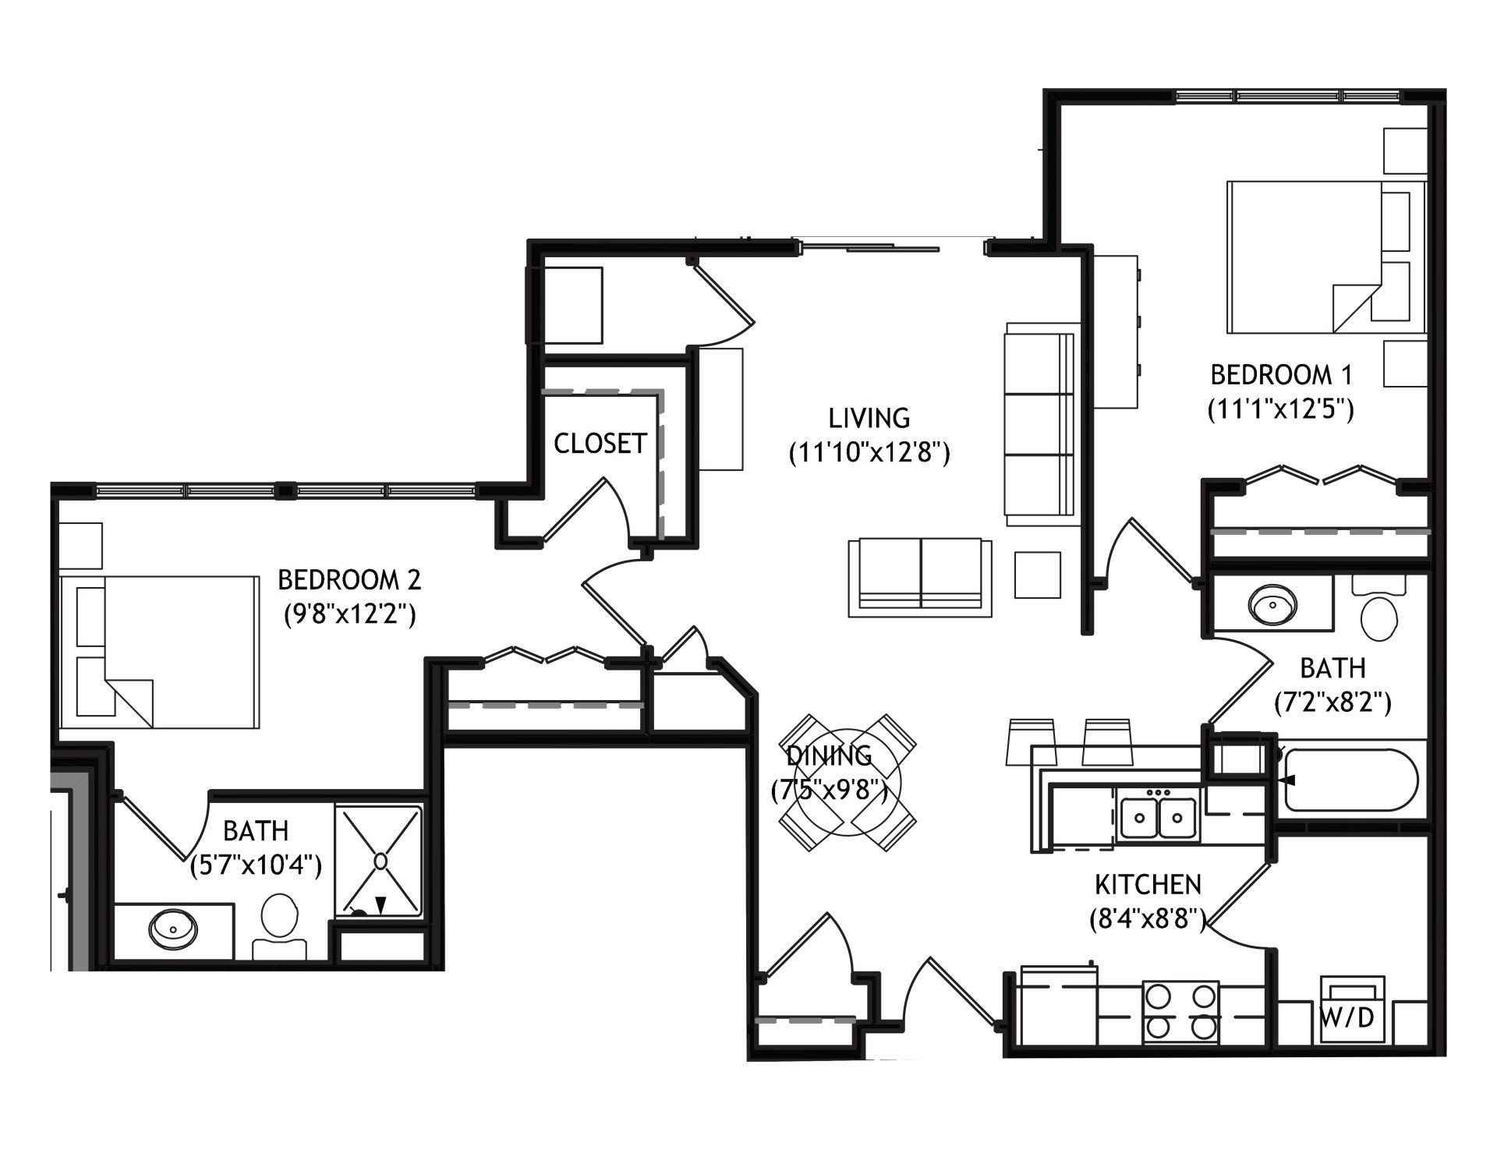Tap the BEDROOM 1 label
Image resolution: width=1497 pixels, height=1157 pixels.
(1281, 375)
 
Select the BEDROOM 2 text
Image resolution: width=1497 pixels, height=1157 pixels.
(349, 580)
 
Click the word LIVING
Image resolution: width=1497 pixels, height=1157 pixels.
(869, 418)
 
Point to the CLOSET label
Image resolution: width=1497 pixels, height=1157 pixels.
(600, 444)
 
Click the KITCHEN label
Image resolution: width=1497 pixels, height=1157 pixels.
(1148, 885)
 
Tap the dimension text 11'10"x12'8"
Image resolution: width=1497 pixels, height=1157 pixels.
(869, 453)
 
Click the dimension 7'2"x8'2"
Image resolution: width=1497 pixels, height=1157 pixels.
(1333, 703)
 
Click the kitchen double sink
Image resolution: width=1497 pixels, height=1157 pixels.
(1158, 815)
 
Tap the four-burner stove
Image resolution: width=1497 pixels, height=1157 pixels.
(1181, 1012)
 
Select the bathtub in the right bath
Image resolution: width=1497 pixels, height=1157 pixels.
(1354, 780)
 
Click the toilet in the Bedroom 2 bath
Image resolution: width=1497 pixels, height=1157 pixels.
(280, 925)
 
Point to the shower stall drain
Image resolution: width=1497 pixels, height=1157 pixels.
(380, 861)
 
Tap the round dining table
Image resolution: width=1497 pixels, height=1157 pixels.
(848, 783)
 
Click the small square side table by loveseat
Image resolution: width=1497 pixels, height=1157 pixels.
(1038, 575)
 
